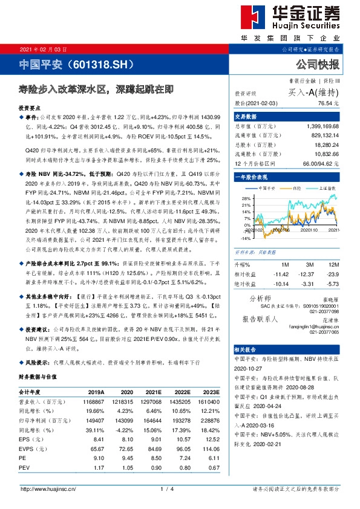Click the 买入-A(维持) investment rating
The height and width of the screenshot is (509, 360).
click(315, 92)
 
